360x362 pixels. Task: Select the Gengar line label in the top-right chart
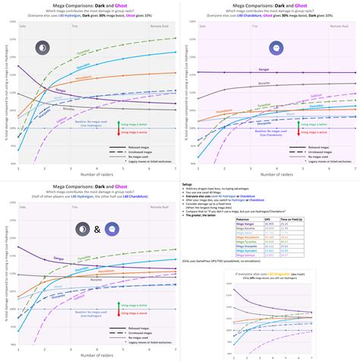200,70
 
